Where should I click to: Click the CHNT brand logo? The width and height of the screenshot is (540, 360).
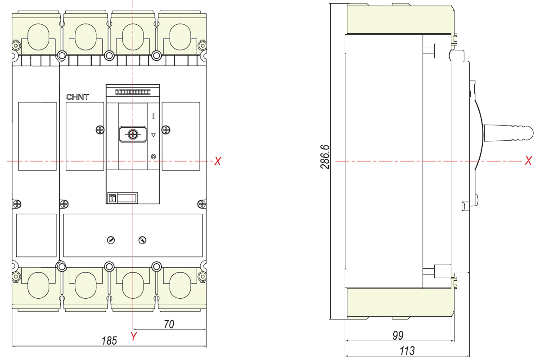coord(77,97)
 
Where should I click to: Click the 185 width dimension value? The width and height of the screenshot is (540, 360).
coord(109,341)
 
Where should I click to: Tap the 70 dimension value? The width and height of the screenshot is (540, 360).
coord(169,324)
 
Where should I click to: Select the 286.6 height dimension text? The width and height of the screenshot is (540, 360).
coord(325,157)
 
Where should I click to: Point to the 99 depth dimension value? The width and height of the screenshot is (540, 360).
coord(398,335)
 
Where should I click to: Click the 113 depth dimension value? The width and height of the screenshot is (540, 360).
coord(407,351)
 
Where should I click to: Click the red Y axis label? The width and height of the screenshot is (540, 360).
coord(134,336)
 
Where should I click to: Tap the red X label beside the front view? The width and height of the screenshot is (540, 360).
coord(217,161)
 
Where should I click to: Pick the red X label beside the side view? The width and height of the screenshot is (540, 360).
coord(528,160)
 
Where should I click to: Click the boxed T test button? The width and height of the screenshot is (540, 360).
coord(112,198)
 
